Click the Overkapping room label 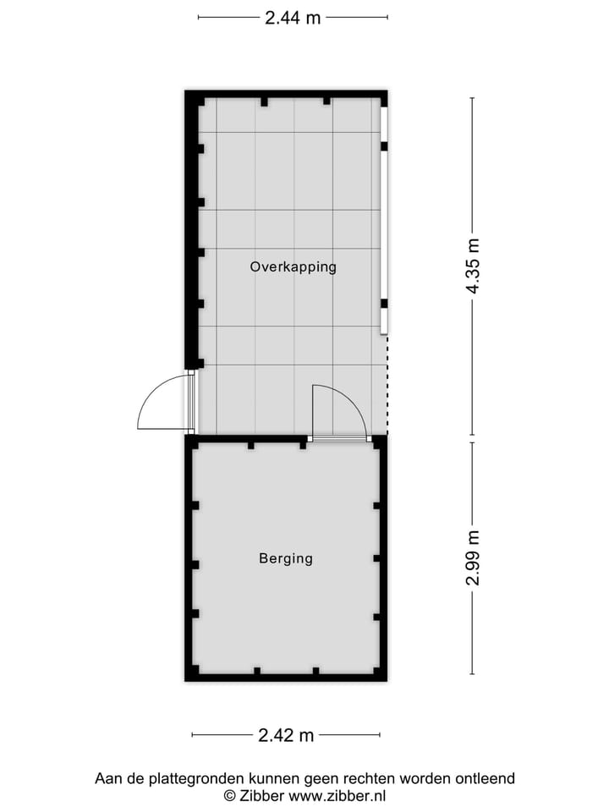click(x=293, y=266)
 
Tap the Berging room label click(x=286, y=558)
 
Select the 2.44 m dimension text click(x=293, y=18)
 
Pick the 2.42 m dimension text click(x=286, y=735)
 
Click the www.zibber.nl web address click(x=337, y=795)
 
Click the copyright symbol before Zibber click(x=229, y=795)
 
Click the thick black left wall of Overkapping click(x=190, y=228)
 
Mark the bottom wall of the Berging click(x=286, y=676)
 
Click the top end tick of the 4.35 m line click(x=472, y=98)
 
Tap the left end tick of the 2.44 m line click(x=198, y=16)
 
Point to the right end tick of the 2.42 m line click(x=380, y=735)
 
